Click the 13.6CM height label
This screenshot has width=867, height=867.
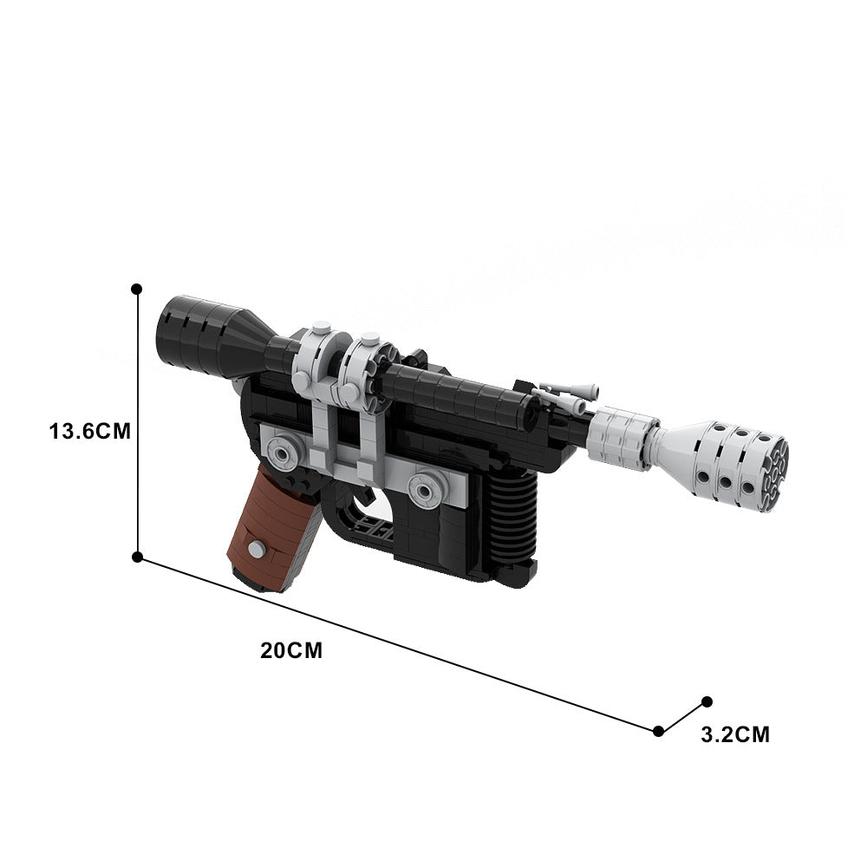90,431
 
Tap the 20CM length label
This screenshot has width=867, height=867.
290,650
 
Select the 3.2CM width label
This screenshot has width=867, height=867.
734,735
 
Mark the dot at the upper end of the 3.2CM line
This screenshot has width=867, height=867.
707,701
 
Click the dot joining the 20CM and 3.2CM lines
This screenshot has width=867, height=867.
659,731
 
